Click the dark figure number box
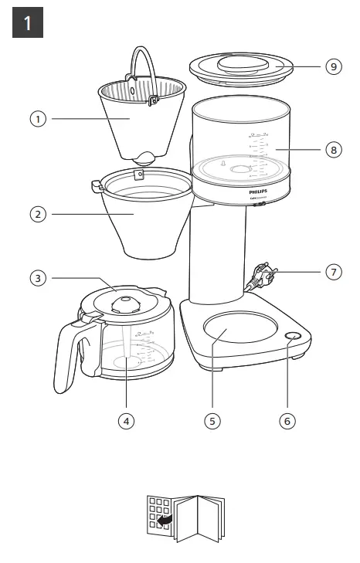28,23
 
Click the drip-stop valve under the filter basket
143,158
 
